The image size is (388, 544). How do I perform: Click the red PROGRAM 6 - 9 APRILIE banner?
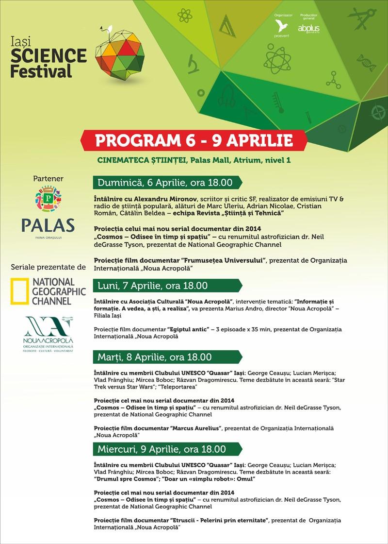tap(194, 140)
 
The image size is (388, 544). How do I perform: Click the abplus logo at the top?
tap(309, 28)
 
